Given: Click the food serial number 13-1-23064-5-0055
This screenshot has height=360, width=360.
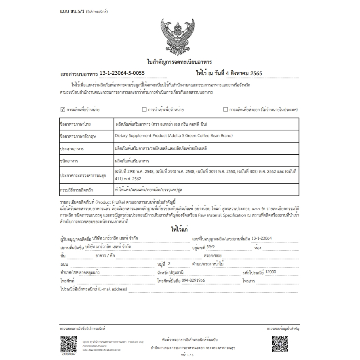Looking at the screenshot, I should click(122, 73).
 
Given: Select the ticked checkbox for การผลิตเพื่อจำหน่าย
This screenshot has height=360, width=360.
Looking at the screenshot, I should click(63, 109).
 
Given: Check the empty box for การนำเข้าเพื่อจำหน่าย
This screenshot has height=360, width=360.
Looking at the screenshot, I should click(144, 109).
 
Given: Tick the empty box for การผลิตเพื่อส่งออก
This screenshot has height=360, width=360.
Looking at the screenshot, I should click(226, 109).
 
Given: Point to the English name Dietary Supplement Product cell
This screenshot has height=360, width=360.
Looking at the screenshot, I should click(174, 136).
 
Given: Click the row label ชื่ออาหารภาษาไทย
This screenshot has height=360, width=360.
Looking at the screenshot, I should click(75, 124).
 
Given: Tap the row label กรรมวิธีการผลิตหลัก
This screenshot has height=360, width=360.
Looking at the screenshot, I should click(77, 189).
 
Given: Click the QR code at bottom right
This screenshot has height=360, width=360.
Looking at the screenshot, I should click(280, 344).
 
